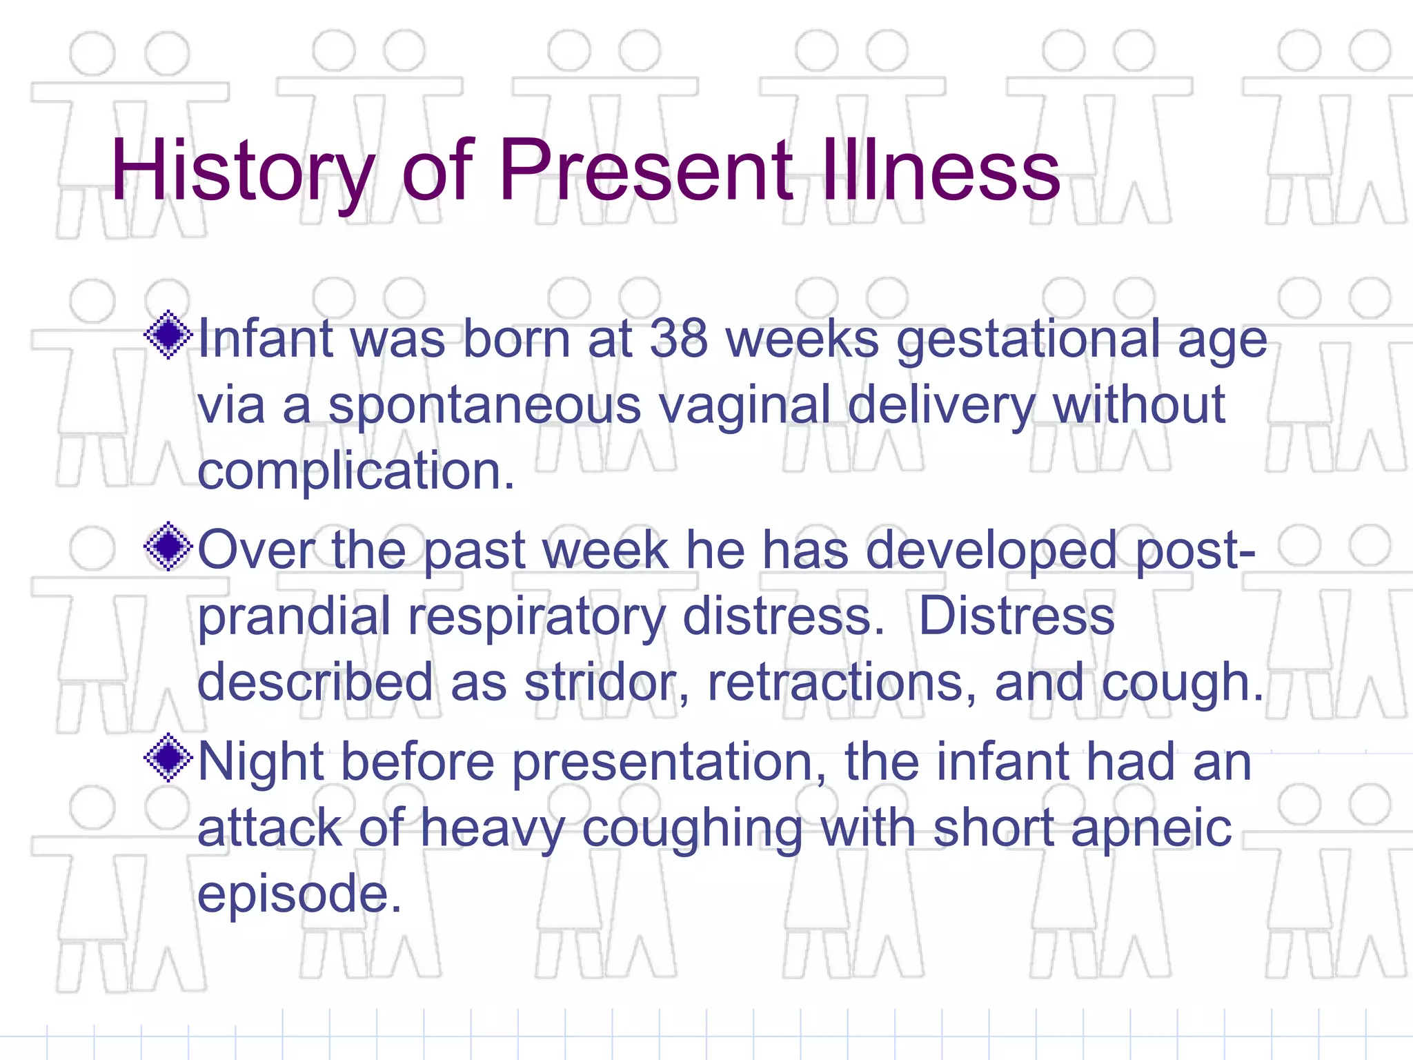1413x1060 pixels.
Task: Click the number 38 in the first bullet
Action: coord(679,340)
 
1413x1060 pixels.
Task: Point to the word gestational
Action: coord(1028,341)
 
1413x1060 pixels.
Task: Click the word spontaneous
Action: coord(484,407)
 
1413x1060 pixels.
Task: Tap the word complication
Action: coord(356,472)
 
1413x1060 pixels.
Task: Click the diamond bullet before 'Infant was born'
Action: coord(168,336)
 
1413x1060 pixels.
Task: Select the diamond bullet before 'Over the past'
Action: coord(168,547)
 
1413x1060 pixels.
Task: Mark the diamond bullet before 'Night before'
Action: coord(168,758)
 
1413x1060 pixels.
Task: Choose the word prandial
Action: coord(294,618)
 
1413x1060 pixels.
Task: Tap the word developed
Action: coord(991,552)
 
